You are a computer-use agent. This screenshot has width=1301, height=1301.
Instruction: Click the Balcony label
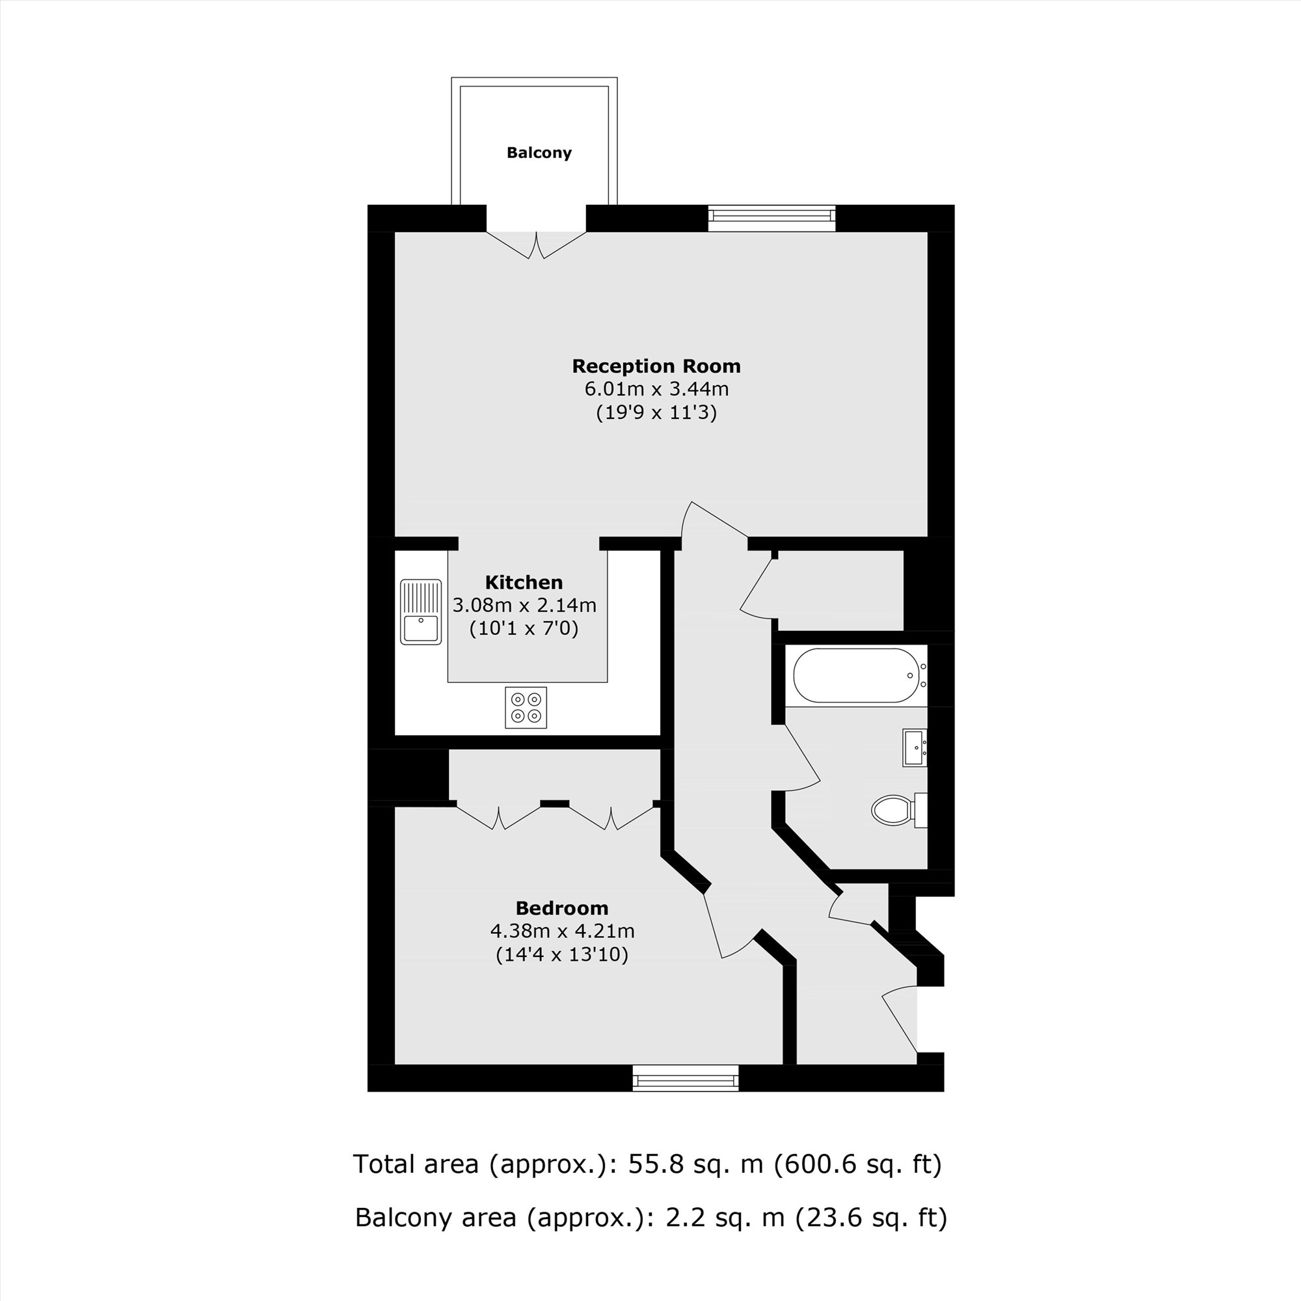(539, 153)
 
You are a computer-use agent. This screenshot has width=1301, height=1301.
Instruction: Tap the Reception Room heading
(656, 366)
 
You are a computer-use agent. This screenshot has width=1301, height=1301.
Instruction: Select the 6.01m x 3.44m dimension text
(656, 389)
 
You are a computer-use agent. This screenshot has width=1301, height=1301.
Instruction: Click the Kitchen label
(524, 582)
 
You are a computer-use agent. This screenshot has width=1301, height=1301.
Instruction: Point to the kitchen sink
(421, 611)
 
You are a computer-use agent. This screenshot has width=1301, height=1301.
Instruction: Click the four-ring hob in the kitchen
(526, 708)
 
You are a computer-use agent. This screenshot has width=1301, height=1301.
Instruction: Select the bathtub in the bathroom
(856, 675)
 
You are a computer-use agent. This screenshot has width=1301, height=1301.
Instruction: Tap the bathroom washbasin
(915, 747)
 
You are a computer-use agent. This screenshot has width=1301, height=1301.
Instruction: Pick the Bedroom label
(561, 908)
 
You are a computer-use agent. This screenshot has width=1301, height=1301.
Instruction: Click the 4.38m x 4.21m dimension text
(561, 932)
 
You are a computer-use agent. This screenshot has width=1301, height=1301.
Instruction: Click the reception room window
(771, 216)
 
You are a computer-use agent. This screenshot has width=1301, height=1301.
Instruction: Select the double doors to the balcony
(536, 245)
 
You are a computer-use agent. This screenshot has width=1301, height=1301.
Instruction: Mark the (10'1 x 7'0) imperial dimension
(524, 628)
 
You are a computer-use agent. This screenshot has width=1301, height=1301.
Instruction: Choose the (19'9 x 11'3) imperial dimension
(656, 412)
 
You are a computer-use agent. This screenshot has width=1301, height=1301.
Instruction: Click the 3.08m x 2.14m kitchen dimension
(524, 606)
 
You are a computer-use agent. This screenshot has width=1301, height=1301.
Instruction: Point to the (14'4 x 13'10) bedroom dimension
(561, 955)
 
